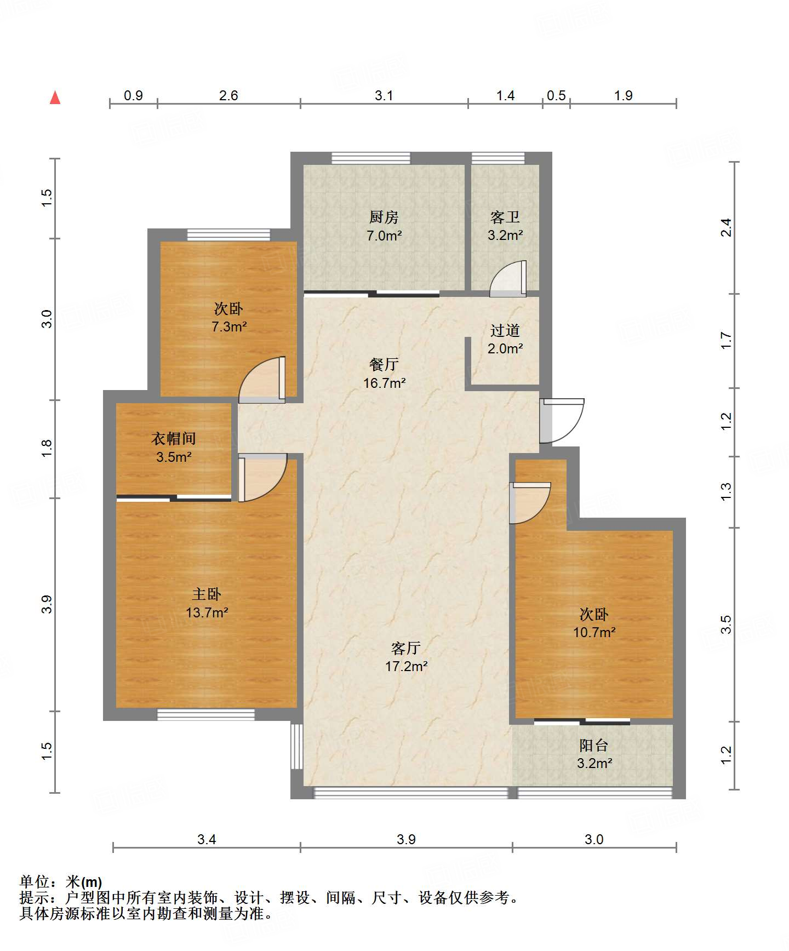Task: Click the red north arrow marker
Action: (55, 98)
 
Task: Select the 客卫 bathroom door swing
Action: (508, 278)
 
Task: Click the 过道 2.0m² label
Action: (505, 339)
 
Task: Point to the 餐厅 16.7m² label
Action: (384, 374)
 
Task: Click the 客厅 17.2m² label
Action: (406, 657)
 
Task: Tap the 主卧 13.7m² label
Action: (207, 603)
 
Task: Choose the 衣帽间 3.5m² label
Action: (174, 448)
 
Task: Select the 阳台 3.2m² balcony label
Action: (594, 754)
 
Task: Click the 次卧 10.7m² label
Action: (594, 623)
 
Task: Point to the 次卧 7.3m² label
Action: (228, 317)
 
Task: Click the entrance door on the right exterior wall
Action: (562, 421)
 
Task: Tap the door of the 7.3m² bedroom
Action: (262, 380)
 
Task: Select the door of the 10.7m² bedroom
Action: (530, 503)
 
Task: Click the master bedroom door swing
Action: (262, 477)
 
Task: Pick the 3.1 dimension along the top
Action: (384, 95)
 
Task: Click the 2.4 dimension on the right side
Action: (726, 227)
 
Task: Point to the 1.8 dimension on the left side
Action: (47, 449)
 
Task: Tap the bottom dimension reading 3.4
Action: (207, 839)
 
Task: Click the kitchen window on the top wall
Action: (371, 158)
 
